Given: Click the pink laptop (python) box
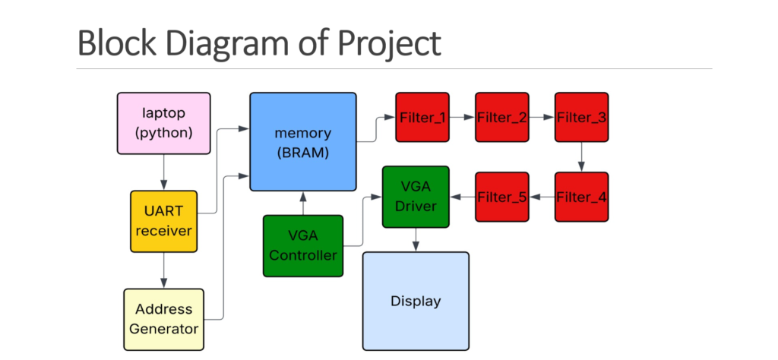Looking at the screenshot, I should pyautogui.click(x=163, y=123).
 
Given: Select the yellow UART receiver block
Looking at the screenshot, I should pyautogui.click(x=163, y=221).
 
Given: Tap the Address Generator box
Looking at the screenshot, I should pyautogui.click(x=163, y=319).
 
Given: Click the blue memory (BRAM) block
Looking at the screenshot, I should pyautogui.click(x=303, y=141).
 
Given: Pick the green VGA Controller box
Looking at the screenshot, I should pyautogui.click(x=303, y=246).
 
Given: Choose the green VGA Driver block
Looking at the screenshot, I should pyautogui.click(x=416, y=197).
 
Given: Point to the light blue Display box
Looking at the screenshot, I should pyautogui.click(x=416, y=301).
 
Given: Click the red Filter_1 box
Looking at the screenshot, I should pyautogui.click(x=422, y=117).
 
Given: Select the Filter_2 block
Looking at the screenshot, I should pyautogui.click(x=502, y=117).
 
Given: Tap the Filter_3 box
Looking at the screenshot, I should pyautogui.click(x=581, y=117).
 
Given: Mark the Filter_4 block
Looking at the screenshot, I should pyautogui.click(x=581, y=197).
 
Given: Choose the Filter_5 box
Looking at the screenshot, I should pyautogui.click(x=502, y=197).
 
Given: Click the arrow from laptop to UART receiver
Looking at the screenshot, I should pyautogui.click(x=163, y=172).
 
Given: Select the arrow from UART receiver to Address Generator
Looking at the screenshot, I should pyautogui.click(x=163, y=270).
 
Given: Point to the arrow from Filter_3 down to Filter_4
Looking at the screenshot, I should pyautogui.click(x=581, y=157).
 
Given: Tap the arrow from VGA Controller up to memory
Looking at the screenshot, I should pyautogui.click(x=303, y=203).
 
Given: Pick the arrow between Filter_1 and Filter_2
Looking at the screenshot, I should pyautogui.click(x=462, y=118).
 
